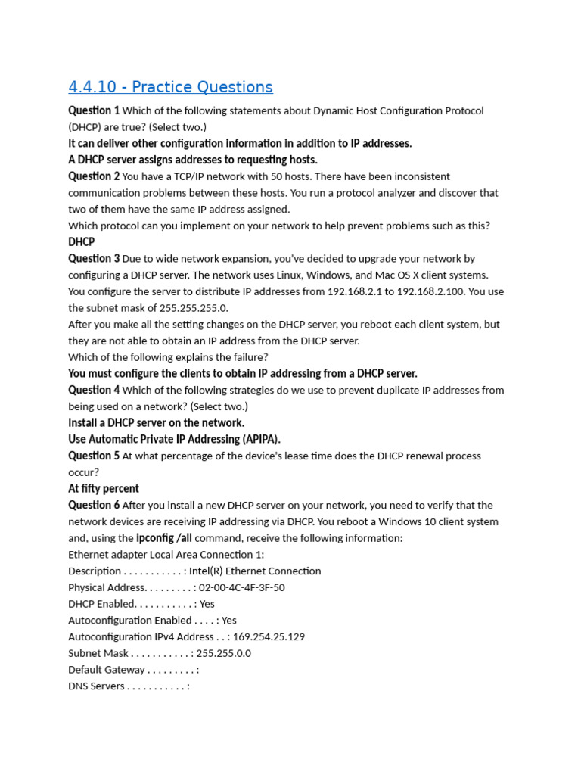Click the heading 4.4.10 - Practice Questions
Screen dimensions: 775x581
170,87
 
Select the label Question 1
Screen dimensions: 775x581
94,110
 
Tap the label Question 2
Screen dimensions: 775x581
94,176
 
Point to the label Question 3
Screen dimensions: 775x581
94,258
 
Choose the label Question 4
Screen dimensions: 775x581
94,390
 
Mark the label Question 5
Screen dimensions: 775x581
94,456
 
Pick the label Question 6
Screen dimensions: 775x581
94,505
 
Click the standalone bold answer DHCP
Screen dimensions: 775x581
82,242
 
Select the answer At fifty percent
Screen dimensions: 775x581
104,488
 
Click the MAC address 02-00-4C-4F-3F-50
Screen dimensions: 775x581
242,587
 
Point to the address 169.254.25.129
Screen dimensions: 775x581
269,636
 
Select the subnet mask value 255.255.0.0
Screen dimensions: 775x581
223,653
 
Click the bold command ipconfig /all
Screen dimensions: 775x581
163,538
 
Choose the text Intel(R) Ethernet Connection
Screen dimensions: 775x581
255,571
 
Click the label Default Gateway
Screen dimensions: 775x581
107,670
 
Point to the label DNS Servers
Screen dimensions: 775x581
96,686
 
